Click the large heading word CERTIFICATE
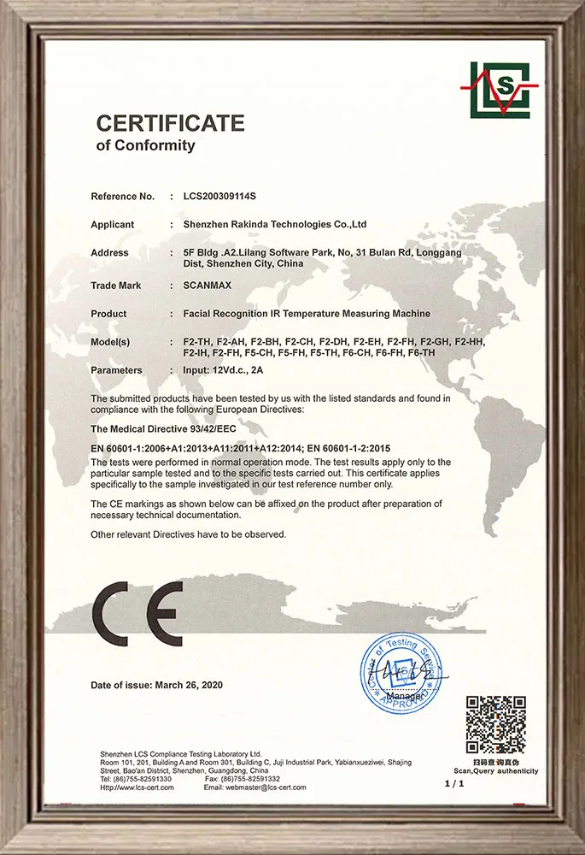(170, 123)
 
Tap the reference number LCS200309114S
(219, 197)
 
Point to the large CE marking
(137, 615)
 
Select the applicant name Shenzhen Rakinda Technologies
(275, 224)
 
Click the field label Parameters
(117, 370)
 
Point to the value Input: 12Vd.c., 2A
(225, 370)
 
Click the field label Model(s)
(110, 342)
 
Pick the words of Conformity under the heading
(145, 145)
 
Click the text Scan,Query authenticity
(495, 771)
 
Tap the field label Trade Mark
(116, 286)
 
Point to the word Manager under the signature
(405, 699)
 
